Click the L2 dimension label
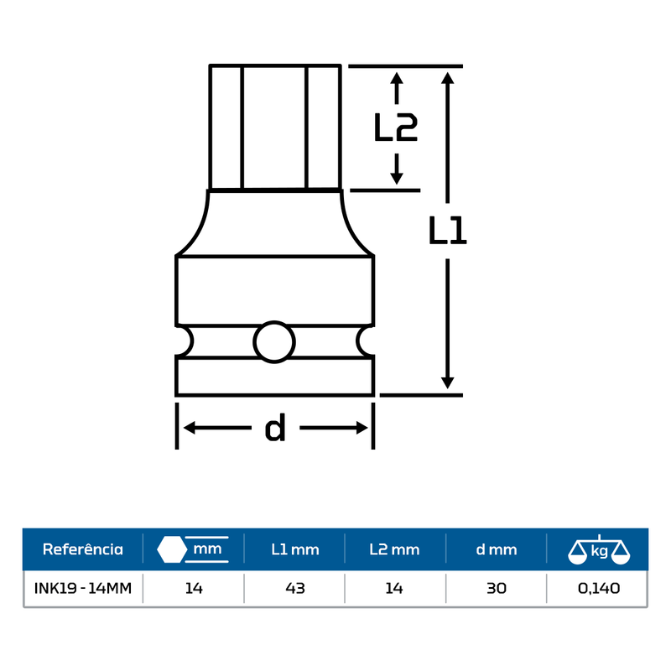[x=396, y=127]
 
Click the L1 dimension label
[x=448, y=231]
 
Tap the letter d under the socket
[x=275, y=428]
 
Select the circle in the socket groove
[x=274, y=342]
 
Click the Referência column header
[x=82, y=549]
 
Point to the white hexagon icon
[x=172, y=549]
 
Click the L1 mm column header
[x=295, y=549]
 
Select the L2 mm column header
[x=394, y=549]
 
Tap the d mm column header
[x=497, y=549]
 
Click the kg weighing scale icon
[x=599, y=549]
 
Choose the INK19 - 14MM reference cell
[x=82, y=589]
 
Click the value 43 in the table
[x=295, y=589]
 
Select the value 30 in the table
[x=497, y=589]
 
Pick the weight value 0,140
[x=599, y=589]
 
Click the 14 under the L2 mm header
[x=394, y=589]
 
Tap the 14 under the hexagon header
[x=194, y=589]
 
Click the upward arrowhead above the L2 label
[x=397, y=79]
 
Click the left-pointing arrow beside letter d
[x=217, y=428]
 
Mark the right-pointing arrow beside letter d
[x=334, y=428]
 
